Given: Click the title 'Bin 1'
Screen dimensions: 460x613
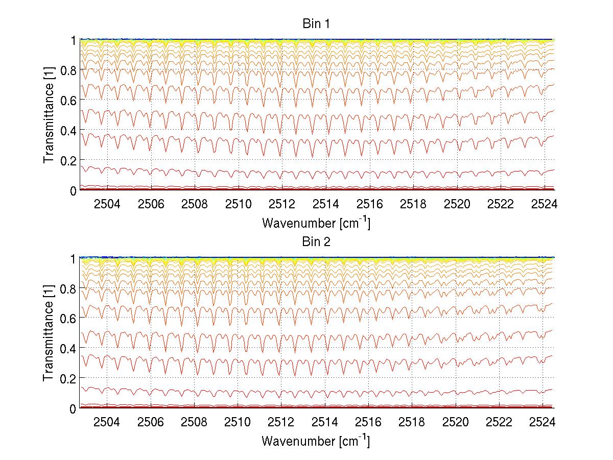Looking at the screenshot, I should (316, 24).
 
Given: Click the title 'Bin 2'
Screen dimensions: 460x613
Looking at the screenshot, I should (316, 242).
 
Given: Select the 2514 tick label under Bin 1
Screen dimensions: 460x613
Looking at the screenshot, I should (325, 205).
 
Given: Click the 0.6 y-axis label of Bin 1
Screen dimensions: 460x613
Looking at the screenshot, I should (67, 101).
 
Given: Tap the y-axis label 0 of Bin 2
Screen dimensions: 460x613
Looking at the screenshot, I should (74, 408).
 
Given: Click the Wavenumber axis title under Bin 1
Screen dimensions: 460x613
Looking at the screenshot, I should (316, 223).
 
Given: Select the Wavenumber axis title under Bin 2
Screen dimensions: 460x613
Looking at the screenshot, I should (316, 441).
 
